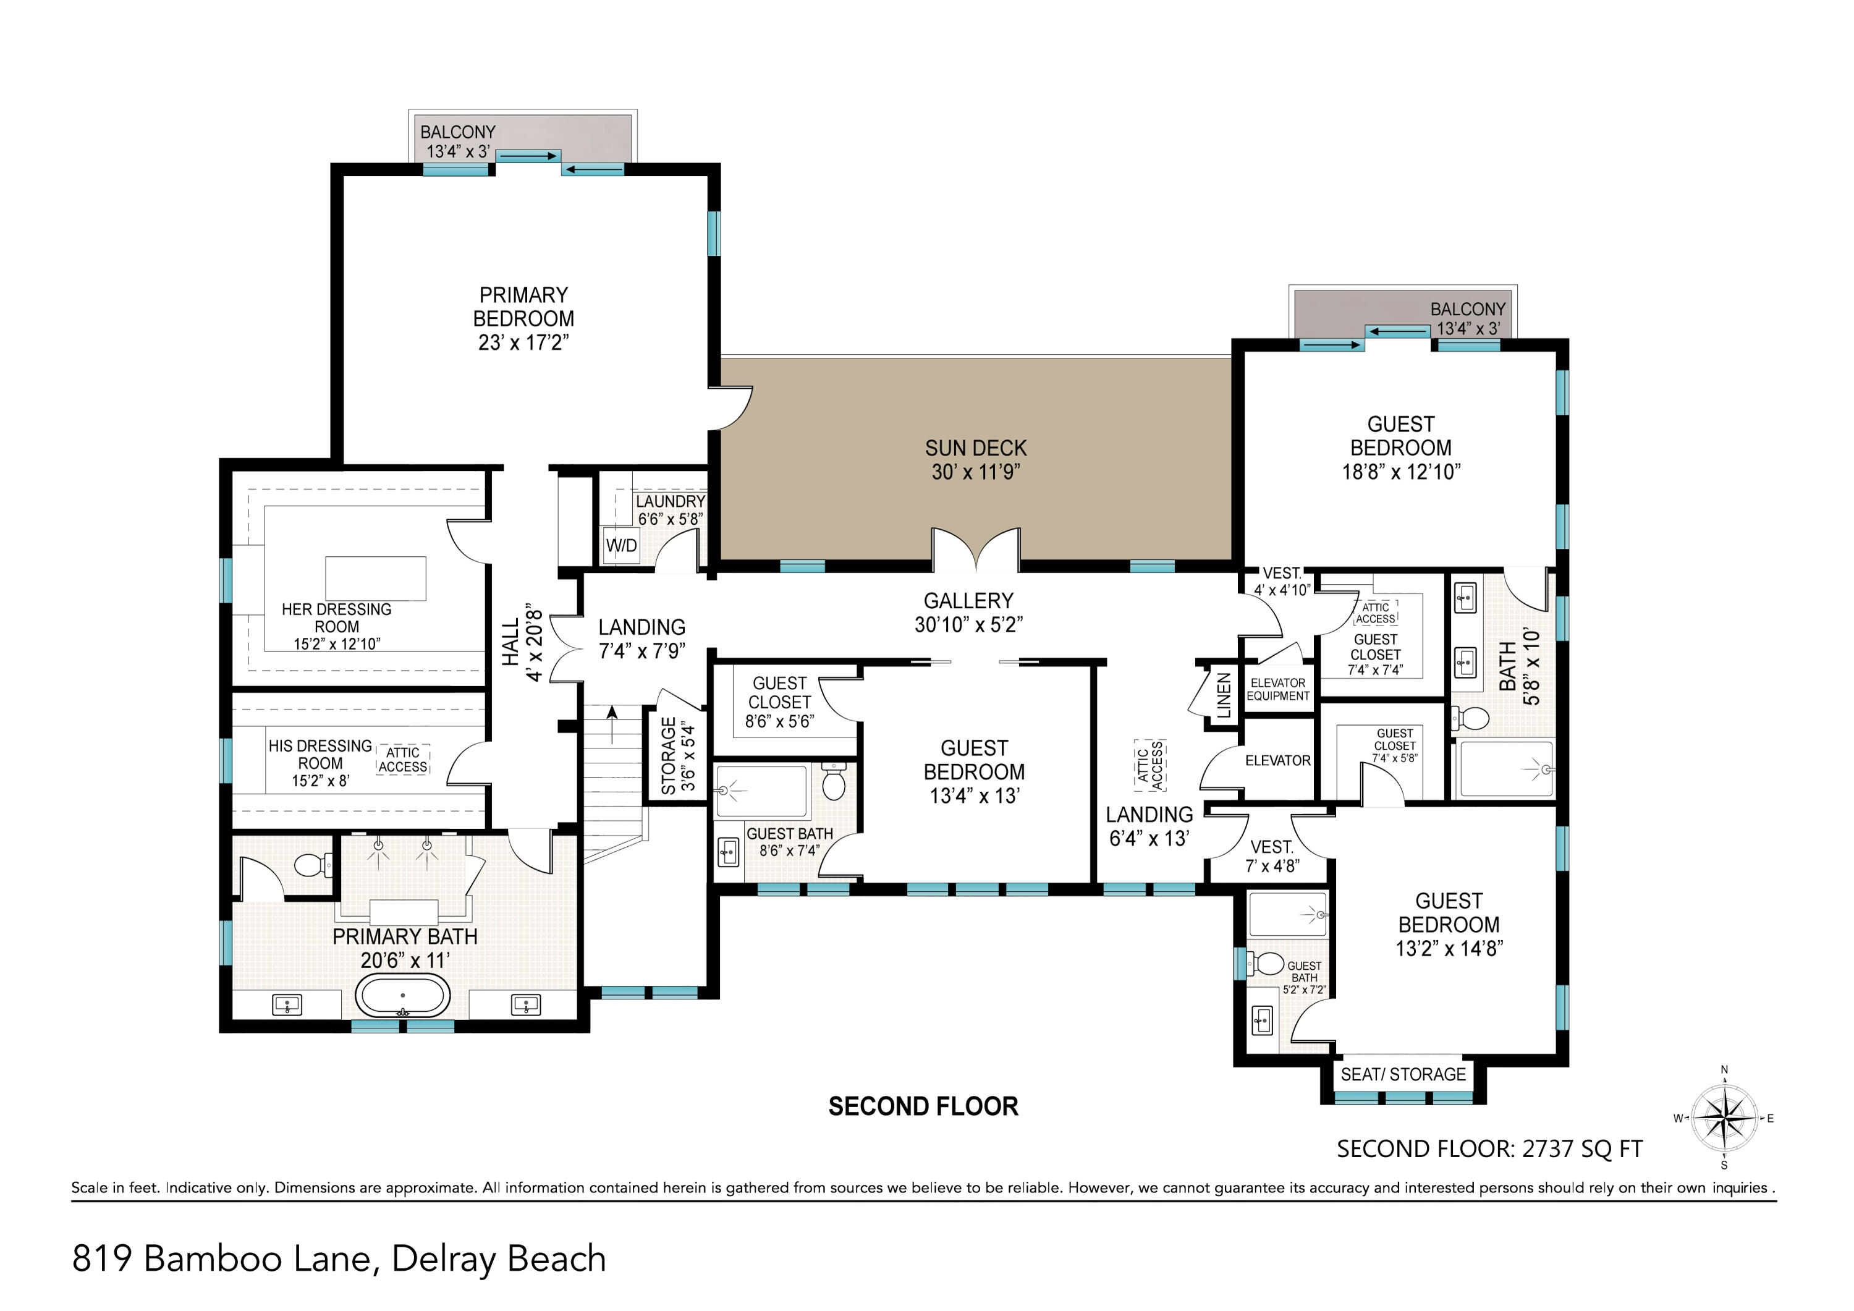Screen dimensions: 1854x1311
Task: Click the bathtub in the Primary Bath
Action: tap(402, 995)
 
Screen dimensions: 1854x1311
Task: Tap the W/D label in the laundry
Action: tap(621, 545)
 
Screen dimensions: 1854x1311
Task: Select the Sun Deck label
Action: tap(975, 460)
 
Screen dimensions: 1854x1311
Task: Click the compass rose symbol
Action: tap(1724, 1118)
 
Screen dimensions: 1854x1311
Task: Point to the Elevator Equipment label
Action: tap(1277, 689)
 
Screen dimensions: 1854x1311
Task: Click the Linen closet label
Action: tap(1224, 695)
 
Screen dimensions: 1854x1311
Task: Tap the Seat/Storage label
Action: tap(1403, 1074)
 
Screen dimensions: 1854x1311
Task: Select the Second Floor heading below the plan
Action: tap(923, 1106)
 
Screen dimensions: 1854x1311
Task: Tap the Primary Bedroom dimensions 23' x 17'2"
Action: tap(523, 342)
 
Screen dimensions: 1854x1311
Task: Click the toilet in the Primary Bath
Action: tap(313, 866)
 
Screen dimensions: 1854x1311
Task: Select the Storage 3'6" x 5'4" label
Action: tap(677, 756)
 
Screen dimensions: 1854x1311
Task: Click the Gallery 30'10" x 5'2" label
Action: tap(968, 613)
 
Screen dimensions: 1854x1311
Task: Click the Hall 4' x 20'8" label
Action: tap(522, 642)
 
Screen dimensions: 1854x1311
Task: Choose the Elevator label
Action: tap(1277, 760)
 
